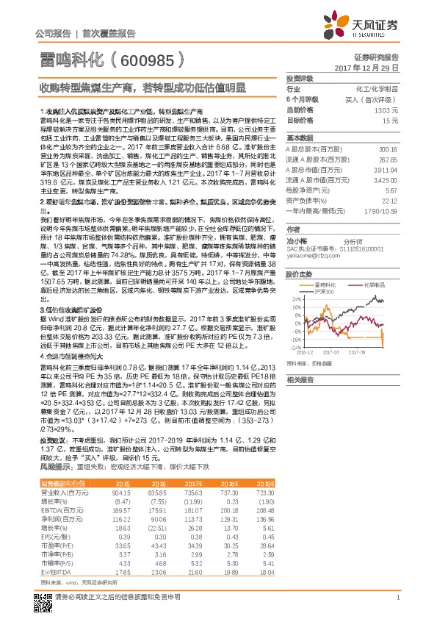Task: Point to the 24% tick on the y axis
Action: pos(296,300)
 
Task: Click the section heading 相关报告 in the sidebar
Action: pos(300,380)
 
